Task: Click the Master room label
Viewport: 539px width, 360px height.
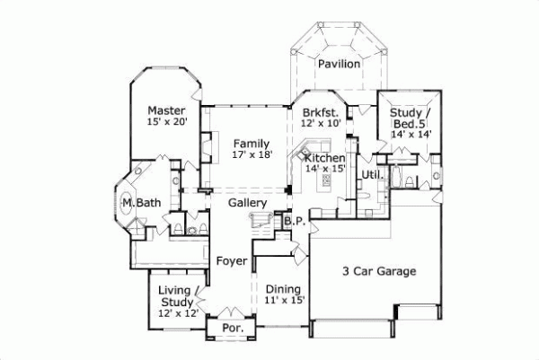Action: [167, 111]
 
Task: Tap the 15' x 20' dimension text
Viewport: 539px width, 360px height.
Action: [167, 123]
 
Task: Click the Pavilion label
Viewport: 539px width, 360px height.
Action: [339, 65]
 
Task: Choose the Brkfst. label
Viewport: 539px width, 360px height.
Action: [322, 112]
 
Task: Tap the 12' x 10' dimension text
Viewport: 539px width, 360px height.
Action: [322, 123]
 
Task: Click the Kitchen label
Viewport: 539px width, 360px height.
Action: [324, 158]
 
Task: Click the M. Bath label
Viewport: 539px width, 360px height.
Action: [142, 204]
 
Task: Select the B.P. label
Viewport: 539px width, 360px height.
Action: [292, 221]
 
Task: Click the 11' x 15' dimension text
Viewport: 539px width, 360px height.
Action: [286, 301]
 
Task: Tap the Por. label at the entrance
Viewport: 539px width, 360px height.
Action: [231, 329]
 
